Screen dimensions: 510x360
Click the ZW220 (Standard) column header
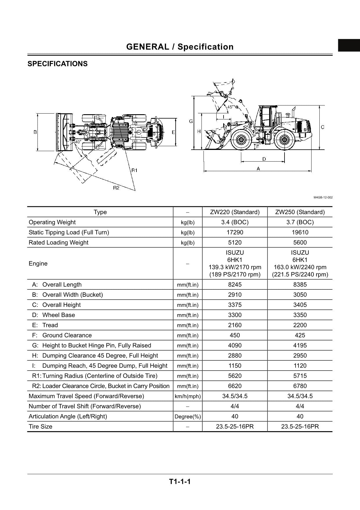235,212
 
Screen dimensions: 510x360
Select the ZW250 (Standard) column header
300,212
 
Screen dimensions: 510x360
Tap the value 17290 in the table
235,232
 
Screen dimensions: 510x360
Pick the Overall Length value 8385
300,285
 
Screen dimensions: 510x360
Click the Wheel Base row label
58,315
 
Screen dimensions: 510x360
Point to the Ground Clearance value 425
300,335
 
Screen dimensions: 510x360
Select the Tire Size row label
40,427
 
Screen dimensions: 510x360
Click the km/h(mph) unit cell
188,396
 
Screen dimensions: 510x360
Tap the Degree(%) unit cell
188,417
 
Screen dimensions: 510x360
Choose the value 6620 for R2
235,386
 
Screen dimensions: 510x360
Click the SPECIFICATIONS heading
57,64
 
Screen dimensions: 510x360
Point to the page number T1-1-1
180,482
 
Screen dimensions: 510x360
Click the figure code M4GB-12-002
323,198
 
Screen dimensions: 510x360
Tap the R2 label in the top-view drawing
116,188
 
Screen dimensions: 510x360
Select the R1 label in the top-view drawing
134,170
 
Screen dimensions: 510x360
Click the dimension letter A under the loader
258,169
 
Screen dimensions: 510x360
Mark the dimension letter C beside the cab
323,127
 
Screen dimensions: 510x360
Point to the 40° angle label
78,142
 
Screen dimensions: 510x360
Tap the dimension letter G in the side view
191,121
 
